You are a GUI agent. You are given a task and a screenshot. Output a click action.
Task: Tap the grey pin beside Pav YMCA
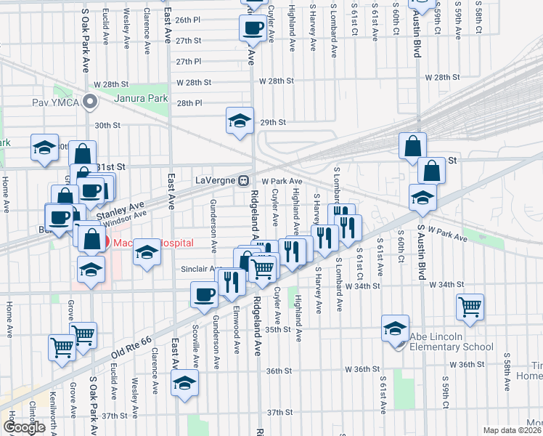(x=91, y=102)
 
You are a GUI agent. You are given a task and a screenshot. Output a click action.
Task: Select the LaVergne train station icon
(x=245, y=180)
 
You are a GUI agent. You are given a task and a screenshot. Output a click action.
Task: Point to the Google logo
(x=24, y=427)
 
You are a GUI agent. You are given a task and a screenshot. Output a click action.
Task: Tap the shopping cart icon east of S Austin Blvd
(x=470, y=307)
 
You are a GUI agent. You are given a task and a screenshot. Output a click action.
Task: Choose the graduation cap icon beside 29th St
(x=239, y=121)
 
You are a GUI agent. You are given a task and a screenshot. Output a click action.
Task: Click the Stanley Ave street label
(x=128, y=206)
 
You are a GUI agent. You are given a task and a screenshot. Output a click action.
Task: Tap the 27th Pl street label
(x=188, y=62)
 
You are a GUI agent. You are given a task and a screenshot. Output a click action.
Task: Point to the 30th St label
(x=107, y=126)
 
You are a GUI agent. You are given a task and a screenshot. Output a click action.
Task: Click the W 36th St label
(x=465, y=364)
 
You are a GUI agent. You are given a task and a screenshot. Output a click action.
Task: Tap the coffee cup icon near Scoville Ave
(x=204, y=294)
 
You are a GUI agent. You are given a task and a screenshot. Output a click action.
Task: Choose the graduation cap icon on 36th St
(x=184, y=382)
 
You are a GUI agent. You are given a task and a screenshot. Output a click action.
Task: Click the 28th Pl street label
(x=188, y=103)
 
